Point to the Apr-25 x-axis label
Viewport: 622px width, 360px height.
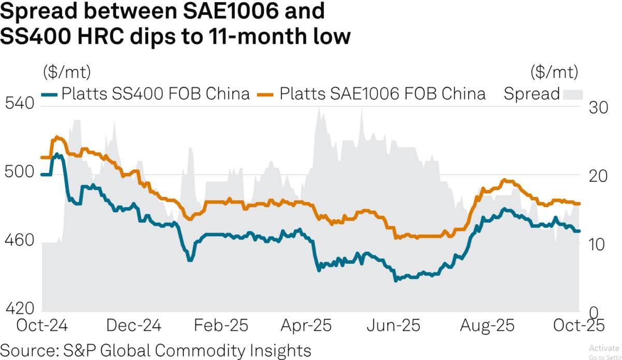306,326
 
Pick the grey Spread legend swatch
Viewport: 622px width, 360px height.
573,94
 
